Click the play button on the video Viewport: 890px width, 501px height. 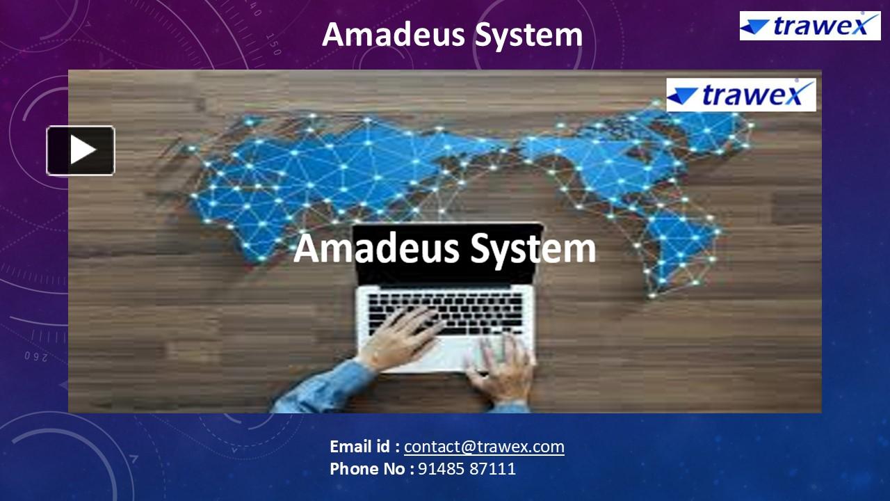[x=81, y=150]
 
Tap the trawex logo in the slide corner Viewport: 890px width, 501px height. [x=809, y=26]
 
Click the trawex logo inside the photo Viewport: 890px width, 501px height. [x=741, y=95]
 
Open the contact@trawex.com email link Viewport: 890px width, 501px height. [x=484, y=447]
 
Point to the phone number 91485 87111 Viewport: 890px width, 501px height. [x=467, y=469]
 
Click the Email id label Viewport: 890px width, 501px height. [x=364, y=447]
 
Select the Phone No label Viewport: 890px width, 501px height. [x=371, y=469]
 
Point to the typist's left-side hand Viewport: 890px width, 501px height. [x=399, y=339]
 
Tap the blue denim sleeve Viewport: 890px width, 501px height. [x=327, y=390]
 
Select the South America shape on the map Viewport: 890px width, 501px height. [x=678, y=244]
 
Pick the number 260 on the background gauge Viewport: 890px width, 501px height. [x=35, y=356]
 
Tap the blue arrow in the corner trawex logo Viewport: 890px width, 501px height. [x=755, y=27]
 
